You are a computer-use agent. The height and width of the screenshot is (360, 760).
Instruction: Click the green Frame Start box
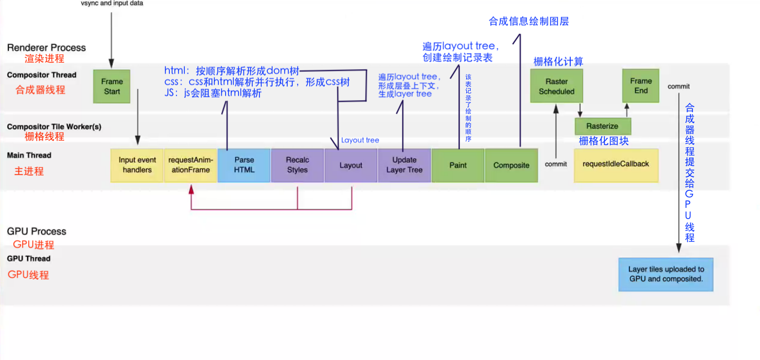(x=112, y=86)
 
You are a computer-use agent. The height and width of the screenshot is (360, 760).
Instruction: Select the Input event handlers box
(x=137, y=165)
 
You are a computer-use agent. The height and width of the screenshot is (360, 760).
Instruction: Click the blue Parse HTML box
(x=244, y=165)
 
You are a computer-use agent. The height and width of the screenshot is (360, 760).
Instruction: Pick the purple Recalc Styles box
(x=297, y=165)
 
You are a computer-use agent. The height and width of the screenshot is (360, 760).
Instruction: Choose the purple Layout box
(x=351, y=165)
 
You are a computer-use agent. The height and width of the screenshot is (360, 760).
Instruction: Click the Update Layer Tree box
(x=404, y=165)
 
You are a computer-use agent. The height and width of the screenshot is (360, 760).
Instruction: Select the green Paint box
(x=457, y=165)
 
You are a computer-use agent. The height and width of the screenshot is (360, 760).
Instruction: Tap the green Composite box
(x=511, y=165)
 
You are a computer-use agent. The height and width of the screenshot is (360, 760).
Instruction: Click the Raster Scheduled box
(x=556, y=86)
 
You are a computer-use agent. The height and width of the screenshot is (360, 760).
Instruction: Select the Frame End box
(x=641, y=86)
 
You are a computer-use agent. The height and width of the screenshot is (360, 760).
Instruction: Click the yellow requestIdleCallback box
(x=616, y=165)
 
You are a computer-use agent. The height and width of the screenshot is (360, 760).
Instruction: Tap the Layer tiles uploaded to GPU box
(x=665, y=274)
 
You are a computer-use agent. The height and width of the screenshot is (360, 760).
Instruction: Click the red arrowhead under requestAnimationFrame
(x=191, y=190)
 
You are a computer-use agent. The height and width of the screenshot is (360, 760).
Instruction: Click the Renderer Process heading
(x=46, y=48)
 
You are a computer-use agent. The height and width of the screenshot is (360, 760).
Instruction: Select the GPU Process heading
(x=37, y=231)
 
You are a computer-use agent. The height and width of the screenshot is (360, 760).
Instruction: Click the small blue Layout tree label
(x=360, y=140)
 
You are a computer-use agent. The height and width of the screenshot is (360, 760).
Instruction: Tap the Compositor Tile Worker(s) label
(x=54, y=127)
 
